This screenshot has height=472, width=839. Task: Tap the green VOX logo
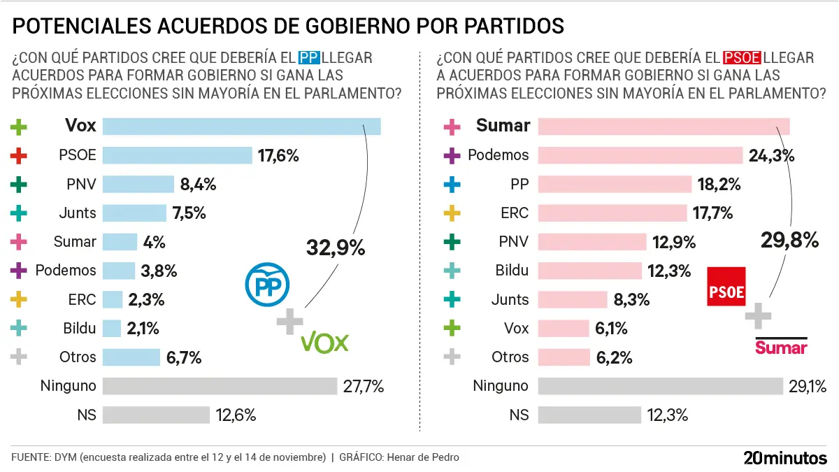pyautogui.click(x=324, y=342)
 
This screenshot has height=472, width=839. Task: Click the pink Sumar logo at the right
pyautogui.click(x=781, y=347)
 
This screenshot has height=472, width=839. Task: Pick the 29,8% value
pyautogui.click(x=789, y=241)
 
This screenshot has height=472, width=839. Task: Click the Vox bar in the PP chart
pyautogui.click(x=241, y=126)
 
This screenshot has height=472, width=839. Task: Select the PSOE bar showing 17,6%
pyautogui.click(x=177, y=155)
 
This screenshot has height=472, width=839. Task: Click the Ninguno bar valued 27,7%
pyautogui.click(x=220, y=386)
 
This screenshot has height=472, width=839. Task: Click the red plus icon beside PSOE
pyautogui.click(x=20, y=155)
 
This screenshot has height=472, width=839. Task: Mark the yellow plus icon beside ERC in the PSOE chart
pyautogui.click(x=452, y=213)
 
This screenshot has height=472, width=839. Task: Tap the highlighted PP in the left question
pyautogui.click(x=308, y=57)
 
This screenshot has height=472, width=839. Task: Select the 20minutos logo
pyautogui.click(x=784, y=458)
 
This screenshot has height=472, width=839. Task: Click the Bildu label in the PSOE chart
pyautogui.click(x=511, y=270)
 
